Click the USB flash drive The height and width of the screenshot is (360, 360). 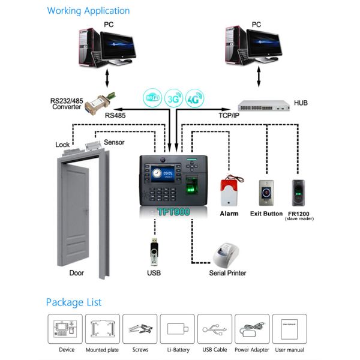click(x=153, y=252)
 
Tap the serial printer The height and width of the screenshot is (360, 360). click(x=227, y=256)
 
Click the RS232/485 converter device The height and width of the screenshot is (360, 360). click(x=101, y=104)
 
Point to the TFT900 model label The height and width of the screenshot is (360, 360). click(x=173, y=212)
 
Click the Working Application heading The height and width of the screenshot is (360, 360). click(x=88, y=11)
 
